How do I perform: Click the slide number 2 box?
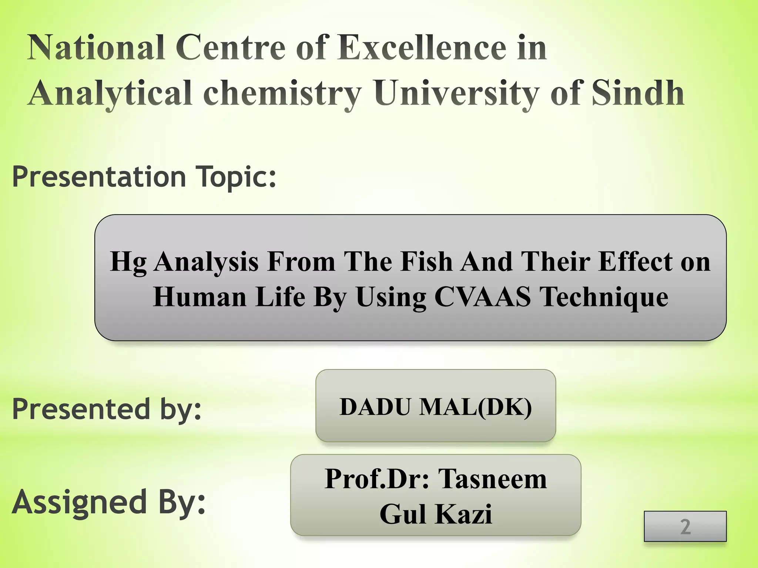(x=685, y=526)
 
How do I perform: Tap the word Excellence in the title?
(x=422, y=48)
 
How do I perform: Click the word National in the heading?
(x=96, y=48)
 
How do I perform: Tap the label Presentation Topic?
(x=144, y=177)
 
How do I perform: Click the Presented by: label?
(x=107, y=409)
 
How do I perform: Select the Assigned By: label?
(x=108, y=502)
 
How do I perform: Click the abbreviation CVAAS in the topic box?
(x=482, y=297)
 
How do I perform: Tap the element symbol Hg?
(x=128, y=262)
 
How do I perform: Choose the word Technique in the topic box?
(x=604, y=297)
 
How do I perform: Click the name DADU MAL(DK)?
(x=436, y=407)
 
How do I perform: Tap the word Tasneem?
(x=492, y=479)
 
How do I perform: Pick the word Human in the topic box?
(x=200, y=297)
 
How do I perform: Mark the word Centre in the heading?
(x=230, y=48)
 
